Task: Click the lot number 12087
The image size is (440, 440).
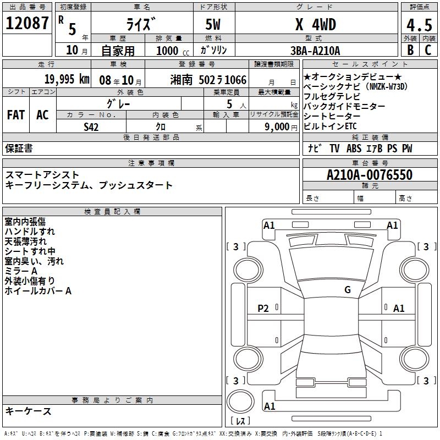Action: point(27,23)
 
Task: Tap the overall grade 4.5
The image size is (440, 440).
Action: point(419,25)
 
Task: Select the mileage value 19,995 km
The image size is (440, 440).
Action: point(67,79)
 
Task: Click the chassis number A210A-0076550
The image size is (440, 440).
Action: point(370,175)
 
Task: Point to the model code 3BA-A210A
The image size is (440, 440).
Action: point(315,51)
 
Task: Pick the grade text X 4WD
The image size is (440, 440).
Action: point(316,25)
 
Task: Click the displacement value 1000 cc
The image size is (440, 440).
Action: point(173,51)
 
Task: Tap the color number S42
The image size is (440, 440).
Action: point(91,127)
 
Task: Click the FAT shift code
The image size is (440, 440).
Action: point(16,115)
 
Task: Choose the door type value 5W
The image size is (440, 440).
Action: point(213,25)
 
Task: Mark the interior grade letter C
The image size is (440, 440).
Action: point(428,50)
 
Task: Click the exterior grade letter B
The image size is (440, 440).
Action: point(410,50)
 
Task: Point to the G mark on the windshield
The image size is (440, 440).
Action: point(348,290)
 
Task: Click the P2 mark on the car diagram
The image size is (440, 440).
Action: point(263,309)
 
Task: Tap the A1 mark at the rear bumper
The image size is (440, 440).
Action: point(269,406)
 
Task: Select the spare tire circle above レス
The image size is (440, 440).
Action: point(240,402)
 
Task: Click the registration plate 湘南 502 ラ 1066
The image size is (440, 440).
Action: point(208,80)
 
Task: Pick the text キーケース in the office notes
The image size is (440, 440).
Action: point(28,411)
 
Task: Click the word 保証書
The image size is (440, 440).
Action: point(19,148)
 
